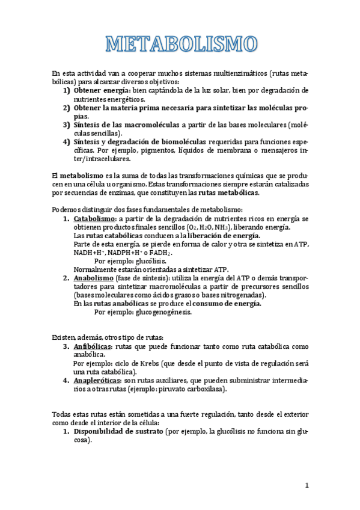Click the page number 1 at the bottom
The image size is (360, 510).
tap(306, 486)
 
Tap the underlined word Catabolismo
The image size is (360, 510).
tap(95, 218)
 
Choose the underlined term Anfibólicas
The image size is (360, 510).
tap(93, 347)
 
